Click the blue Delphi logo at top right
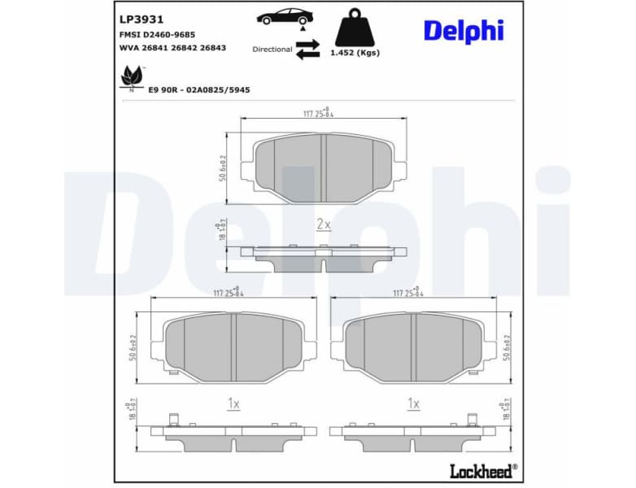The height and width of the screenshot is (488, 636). pos(464,30)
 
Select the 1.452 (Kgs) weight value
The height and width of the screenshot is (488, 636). pos(355,53)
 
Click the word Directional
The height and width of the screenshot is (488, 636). pos(272,50)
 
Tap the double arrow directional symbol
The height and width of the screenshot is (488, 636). pos(307,51)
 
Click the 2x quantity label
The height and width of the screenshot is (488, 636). pos(323,224)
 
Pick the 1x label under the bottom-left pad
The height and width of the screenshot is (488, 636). pos(233,403)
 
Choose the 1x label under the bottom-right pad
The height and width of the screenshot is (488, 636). pos(413,403)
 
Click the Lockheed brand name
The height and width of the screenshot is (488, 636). pos(481,471)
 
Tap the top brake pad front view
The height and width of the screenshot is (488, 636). pos(324,167)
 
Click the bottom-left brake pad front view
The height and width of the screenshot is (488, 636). pos(234,347)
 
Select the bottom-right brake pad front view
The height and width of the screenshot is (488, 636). pos(415,347)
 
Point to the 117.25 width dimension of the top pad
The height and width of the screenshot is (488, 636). pos(318,114)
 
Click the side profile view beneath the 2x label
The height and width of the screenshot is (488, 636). pos(324,259)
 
